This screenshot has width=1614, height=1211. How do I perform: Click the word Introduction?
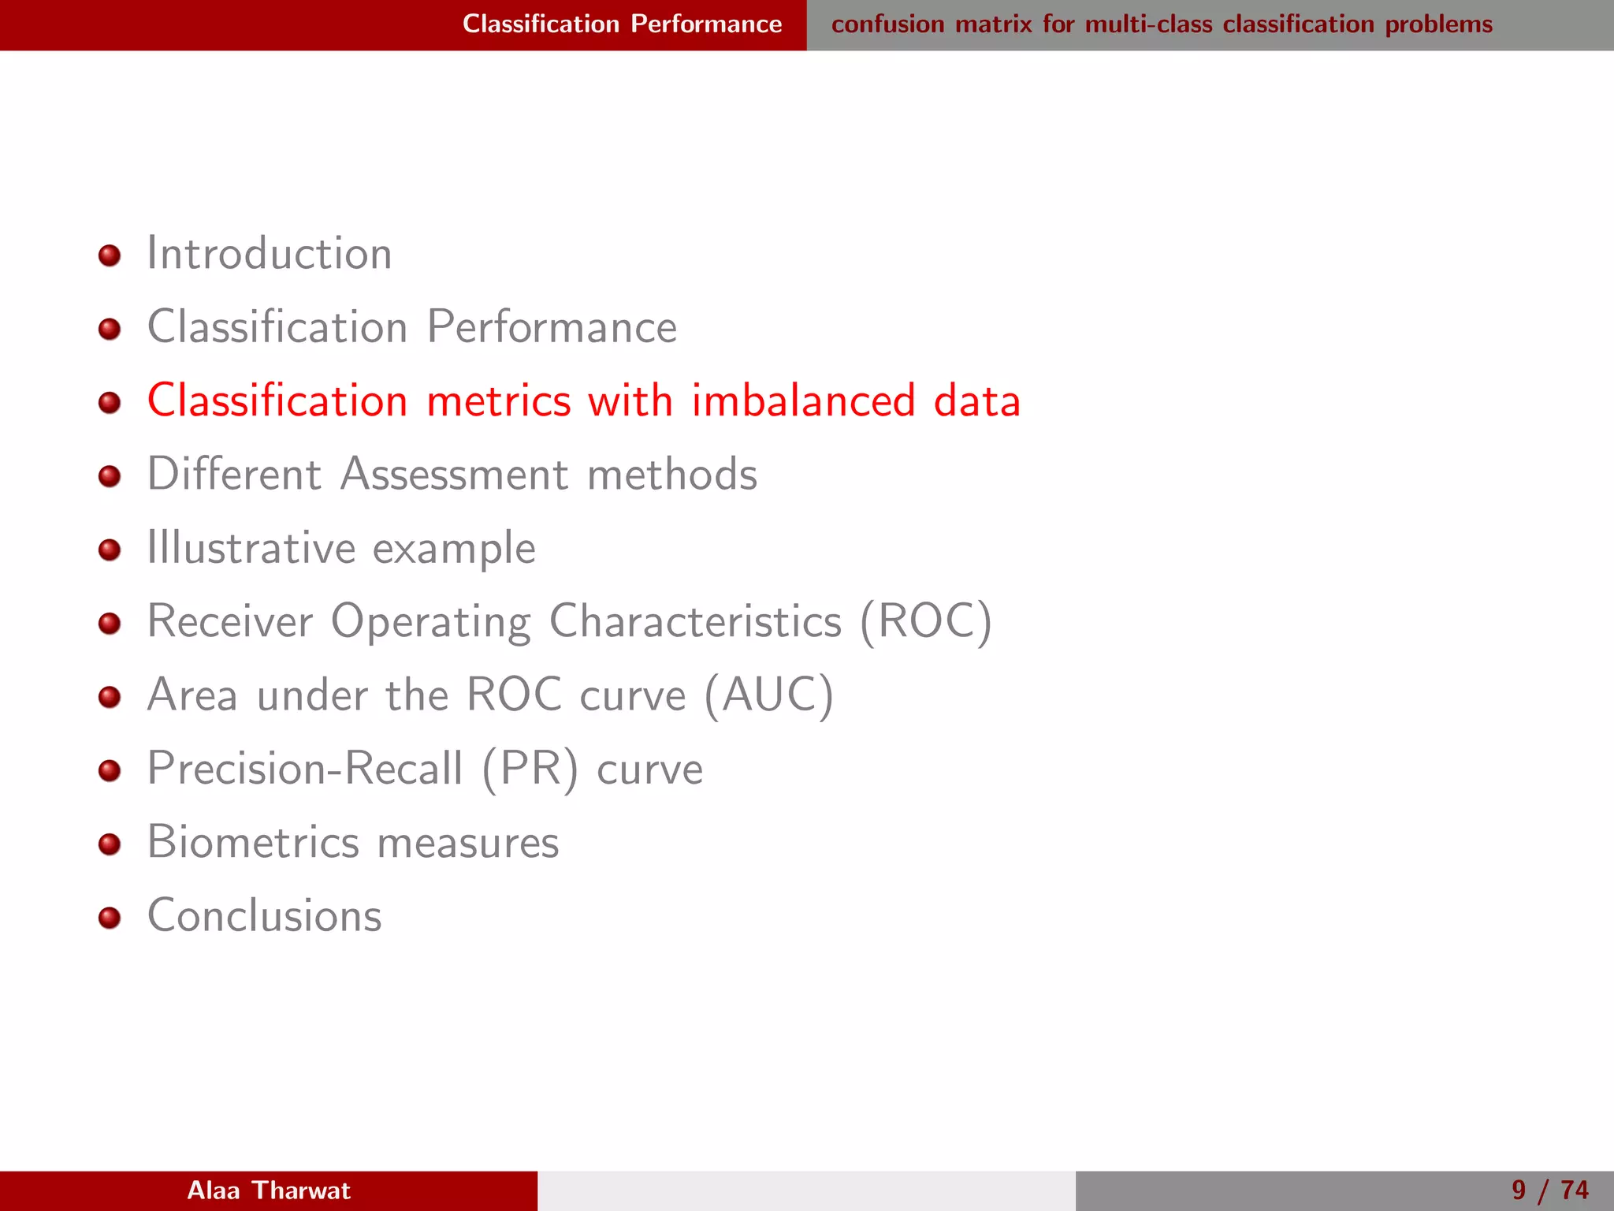(270, 254)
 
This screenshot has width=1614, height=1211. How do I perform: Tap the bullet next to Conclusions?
(110, 918)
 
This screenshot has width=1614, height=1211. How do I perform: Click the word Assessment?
(454, 475)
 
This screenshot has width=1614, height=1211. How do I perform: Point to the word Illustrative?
(251, 548)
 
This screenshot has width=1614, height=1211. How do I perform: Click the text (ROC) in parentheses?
(925, 622)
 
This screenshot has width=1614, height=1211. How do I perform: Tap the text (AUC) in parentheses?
(768, 695)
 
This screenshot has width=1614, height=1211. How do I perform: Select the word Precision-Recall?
(306, 769)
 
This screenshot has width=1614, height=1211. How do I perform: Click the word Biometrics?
(253, 842)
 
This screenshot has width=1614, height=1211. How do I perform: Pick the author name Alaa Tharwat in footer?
(269, 1191)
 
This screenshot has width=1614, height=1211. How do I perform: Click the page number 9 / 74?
(1549, 1191)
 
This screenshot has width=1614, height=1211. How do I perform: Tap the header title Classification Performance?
(622, 24)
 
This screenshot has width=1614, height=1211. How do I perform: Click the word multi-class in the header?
(1148, 24)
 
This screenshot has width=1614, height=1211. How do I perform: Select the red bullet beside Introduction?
(110, 255)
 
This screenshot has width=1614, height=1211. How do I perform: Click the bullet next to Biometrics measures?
(110, 844)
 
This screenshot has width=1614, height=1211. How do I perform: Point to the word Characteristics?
(695, 622)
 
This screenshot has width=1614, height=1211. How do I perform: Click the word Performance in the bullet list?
(552, 327)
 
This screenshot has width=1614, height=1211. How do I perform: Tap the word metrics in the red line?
(498, 401)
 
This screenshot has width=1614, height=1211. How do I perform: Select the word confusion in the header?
(887, 24)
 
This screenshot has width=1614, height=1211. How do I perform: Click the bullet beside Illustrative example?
(110, 550)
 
